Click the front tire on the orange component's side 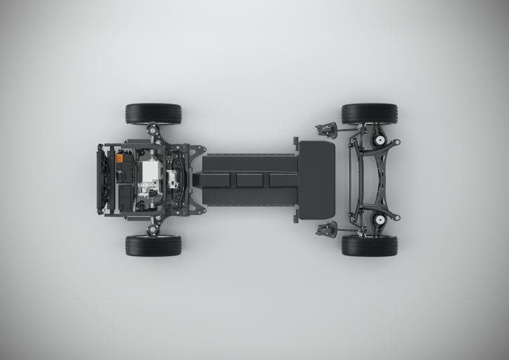click(x=153, y=114)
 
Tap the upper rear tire click(x=369, y=114)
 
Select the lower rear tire click(x=369, y=246)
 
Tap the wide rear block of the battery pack click(x=316, y=180)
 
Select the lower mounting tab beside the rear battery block click(x=296, y=218)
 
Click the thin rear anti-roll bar click(x=349, y=180)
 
